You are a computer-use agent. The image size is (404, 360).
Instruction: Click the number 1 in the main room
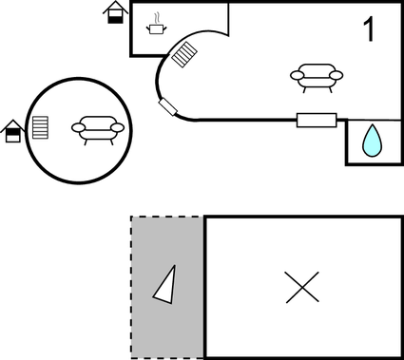pyautogui.click(x=369, y=29)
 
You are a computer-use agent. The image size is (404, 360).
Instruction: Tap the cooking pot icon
pyautogui.click(x=156, y=28)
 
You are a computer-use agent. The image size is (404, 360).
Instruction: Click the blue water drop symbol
pyautogui.click(x=371, y=142)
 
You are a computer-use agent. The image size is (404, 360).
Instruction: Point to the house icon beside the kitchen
pyautogui.click(x=116, y=12)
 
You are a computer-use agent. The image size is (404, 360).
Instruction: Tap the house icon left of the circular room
pyautogui.click(x=13, y=131)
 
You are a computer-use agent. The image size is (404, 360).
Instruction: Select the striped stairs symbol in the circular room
pyautogui.click(x=40, y=127)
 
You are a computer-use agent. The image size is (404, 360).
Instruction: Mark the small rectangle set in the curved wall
pyautogui.click(x=170, y=106)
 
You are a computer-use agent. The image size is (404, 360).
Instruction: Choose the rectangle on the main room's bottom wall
pyautogui.click(x=317, y=120)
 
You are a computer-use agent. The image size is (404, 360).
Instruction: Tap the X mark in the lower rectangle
pyautogui.click(x=302, y=287)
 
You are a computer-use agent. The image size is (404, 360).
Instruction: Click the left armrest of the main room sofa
pyautogui.click(x=296, y=77)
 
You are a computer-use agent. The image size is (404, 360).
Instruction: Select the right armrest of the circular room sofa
pyautogui.click(x=118, y=127)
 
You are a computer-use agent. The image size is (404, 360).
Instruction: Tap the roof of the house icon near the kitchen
pyautogui.click(x=116, y=7)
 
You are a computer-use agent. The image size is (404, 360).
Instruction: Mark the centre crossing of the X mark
pyautogui.click(x=302, y=287)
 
